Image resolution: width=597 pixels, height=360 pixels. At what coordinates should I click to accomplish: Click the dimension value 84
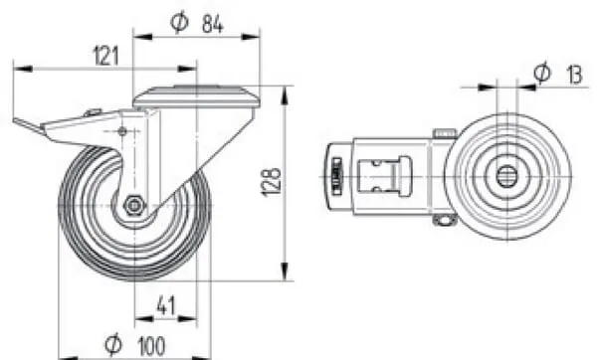coord(212,24)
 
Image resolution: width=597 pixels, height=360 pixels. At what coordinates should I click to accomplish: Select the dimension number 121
coord(105,56)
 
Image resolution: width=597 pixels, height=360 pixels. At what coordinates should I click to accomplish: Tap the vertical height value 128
coord(271,182)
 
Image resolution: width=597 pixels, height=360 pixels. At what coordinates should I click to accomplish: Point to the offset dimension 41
coord(166,305)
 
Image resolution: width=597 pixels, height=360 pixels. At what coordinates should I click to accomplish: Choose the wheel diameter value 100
coord(151,346)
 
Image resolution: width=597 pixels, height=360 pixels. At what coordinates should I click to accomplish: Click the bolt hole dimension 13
coord(574,75)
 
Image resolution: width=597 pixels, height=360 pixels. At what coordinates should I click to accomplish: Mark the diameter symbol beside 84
coord(179,23)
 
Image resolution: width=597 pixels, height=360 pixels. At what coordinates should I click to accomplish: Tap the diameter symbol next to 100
coord(113,344)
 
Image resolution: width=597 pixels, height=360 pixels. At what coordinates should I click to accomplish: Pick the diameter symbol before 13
coord(542,72)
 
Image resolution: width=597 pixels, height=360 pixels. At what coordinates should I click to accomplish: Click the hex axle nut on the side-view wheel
coord(133,206)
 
